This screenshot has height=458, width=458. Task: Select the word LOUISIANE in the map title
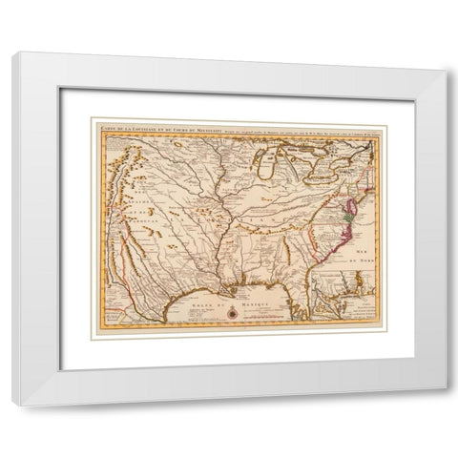click(x=144, y=125)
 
